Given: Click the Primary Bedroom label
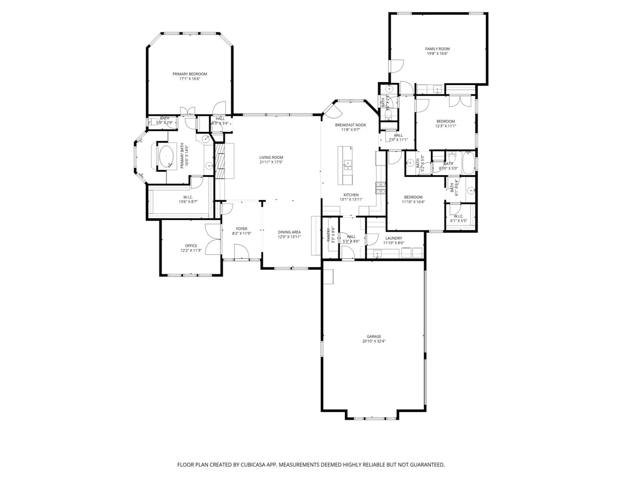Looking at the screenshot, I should [190, 74].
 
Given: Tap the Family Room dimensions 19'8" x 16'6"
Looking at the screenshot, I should [437, 54].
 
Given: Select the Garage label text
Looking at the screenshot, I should [374, 337].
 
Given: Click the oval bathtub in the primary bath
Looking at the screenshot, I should [166, 156].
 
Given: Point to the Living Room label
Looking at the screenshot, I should [271, 158].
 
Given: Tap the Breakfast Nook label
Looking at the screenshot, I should [350, 125].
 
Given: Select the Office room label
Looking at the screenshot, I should [191, 246].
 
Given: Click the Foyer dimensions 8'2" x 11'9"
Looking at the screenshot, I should [242, 234].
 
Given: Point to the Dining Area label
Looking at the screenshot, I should [289, 232].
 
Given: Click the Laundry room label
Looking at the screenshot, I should [394, 238].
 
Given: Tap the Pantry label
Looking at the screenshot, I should [329, 235].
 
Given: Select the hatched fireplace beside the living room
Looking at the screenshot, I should [220, 161].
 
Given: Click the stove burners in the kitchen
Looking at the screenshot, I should [380, 188].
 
